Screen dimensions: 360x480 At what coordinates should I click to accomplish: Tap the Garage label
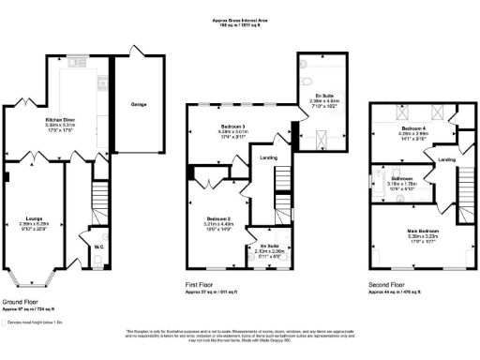(x=139, y=104)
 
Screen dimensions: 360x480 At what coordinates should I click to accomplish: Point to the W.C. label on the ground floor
(x=99, y=247)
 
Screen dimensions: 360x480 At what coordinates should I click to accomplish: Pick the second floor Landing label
(x=447, y=159)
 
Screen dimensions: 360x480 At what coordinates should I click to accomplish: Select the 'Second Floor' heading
(x=386, y=284)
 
